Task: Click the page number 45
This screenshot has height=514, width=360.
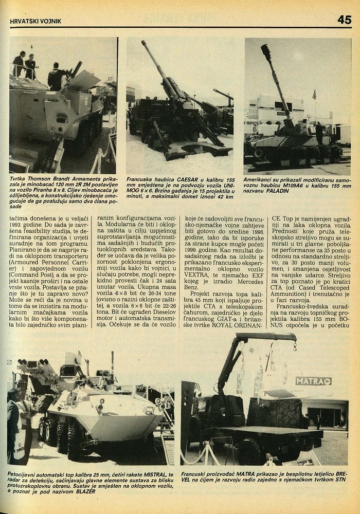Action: pyautogui.click(x=344, y=20)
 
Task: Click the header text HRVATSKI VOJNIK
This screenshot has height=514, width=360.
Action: pyautogui.click(x=36, y=21)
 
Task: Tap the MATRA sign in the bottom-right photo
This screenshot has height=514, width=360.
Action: pyautogui.click(x=313, y=381)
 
